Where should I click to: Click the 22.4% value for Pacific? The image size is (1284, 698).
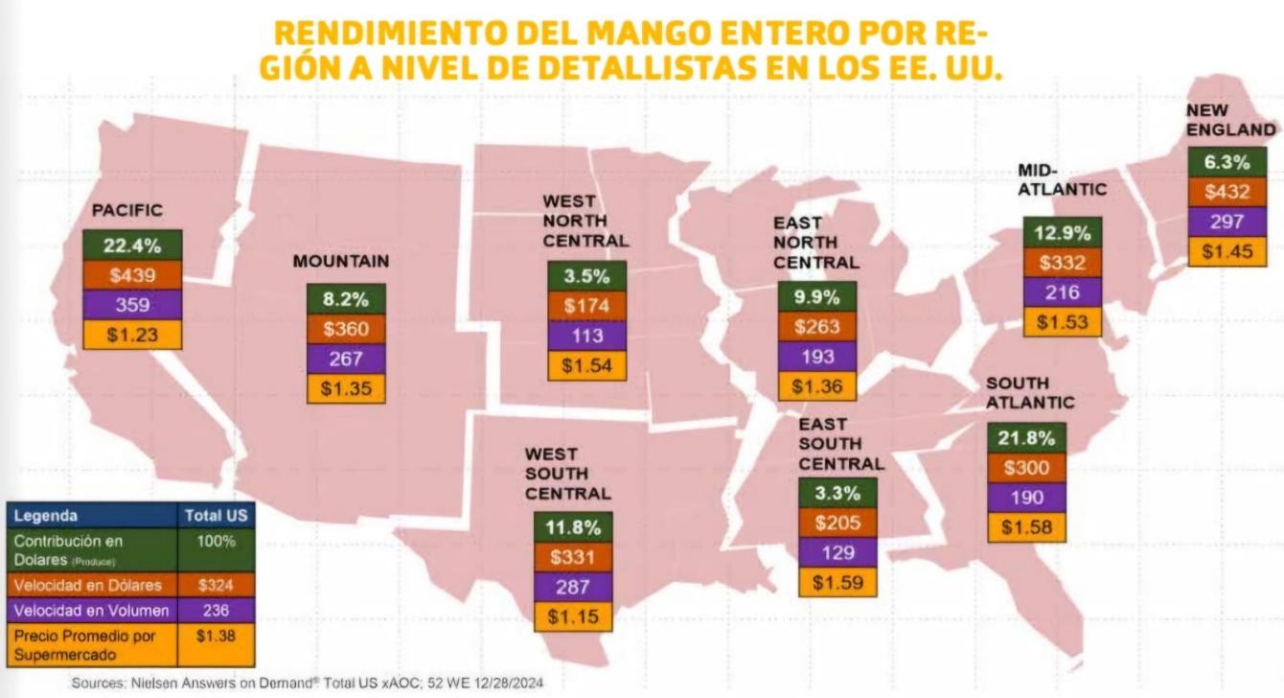coord(132,244)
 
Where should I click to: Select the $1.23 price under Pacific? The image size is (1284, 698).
coord(132,335)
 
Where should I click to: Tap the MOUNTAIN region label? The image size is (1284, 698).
coord(341,261)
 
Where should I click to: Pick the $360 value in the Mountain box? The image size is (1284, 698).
coord(346,329)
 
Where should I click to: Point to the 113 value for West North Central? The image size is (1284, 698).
coord(586,336)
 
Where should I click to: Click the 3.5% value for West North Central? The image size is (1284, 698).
coord(586,276)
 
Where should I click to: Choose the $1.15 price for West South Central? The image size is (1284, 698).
coord(574,617)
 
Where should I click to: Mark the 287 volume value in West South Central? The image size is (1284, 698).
coord(574,587)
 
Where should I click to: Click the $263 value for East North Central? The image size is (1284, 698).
coord(817,326)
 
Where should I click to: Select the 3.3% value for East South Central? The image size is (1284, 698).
coord(837,494)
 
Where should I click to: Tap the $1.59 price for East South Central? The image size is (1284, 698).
coord(837,582)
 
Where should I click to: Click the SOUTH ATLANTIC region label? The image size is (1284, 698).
coord(1030,393)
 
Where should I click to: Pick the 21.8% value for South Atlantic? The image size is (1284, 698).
coord(1026,438)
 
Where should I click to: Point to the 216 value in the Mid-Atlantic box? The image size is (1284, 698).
coord(1063,292)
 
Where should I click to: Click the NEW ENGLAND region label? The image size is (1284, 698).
coord(1230,120)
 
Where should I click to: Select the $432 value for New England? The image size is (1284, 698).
coord(1227,192)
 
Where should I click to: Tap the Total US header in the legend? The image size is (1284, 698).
coord(216,515)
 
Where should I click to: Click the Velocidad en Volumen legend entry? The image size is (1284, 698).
coord(92,611)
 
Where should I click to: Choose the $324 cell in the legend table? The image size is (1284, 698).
coord(216,585)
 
